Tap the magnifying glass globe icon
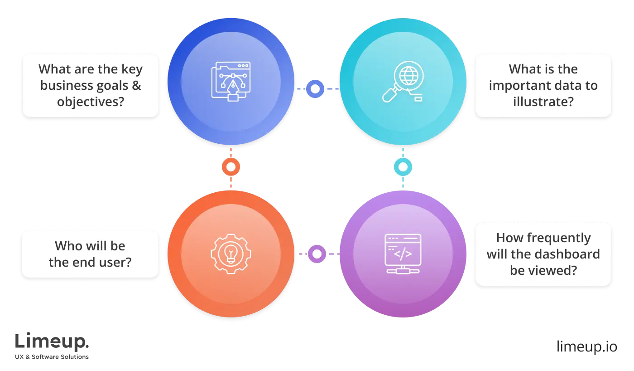coord(403,82)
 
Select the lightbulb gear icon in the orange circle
coord(231,254)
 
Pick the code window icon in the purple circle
coord(403,254)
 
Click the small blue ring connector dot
coord(316,89)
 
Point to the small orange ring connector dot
coord(231,167)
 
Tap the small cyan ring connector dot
coord(403,167)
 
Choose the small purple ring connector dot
coord(317,254)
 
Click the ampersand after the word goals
coord(136,85)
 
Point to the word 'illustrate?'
coord(543,102)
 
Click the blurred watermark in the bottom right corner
coord(586,345)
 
